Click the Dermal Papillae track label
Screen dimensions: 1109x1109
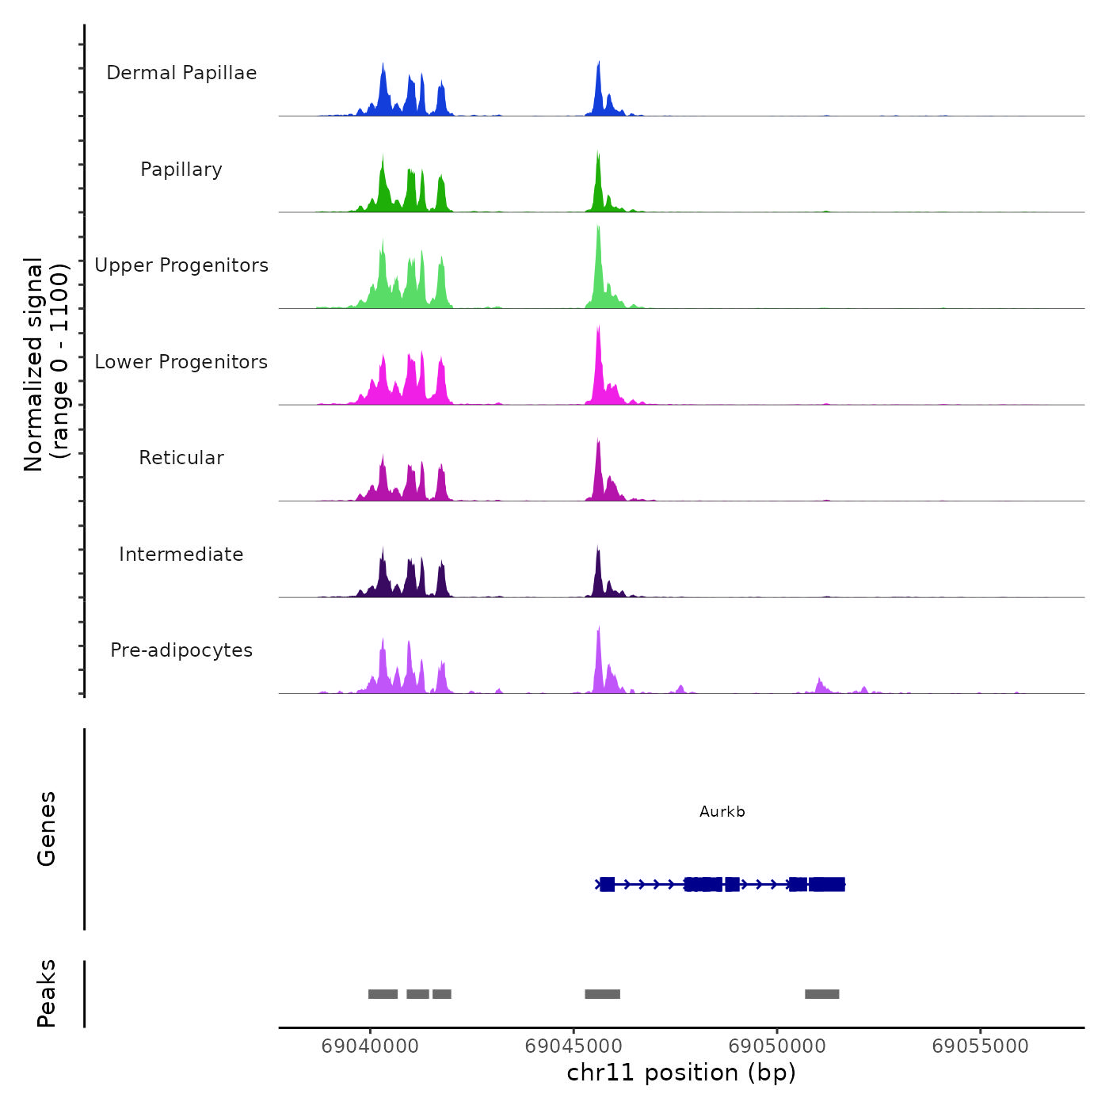point(181,73)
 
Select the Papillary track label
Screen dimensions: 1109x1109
point(181,170)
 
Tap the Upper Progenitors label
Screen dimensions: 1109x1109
point(181,265)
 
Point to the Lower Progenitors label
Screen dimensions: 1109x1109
point(181,362)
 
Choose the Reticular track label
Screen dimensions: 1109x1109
point(181,458)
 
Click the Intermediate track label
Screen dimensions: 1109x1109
point(181,554)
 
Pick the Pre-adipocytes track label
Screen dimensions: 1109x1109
point(181,650)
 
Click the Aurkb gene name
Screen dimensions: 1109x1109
point(722,812)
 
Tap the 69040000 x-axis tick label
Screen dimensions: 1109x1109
point(370,1046)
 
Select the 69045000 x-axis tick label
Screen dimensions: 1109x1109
point(574,1046)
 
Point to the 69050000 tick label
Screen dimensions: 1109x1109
point(777,1046)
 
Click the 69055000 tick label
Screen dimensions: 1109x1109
point(981,1046)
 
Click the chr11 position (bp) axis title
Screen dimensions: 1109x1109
point(681,1073)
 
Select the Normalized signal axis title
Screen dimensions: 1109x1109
point(46,364)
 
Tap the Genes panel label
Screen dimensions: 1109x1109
point(46,829)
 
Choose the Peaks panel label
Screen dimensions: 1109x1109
point(46,993)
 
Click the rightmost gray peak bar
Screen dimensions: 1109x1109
point(821,994)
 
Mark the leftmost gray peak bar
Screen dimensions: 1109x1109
point(383,994)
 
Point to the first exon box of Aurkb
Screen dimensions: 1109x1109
point(607,884)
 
